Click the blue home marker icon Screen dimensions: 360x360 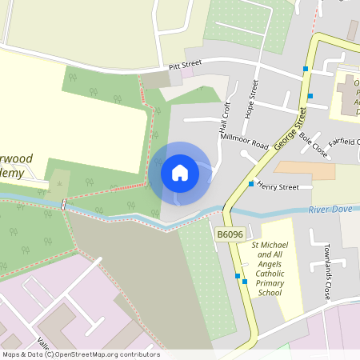pyautogui.click(x=180, y=173)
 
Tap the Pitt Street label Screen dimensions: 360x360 pyautogui.click(x=185, y=67)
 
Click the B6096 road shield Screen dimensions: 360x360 pyautogui.click(x=228, y=234)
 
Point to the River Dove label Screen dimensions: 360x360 pyautogui.click(x=329, y=210)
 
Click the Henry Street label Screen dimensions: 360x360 pyautogui.click(x=278, y=187)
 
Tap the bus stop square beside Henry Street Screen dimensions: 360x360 pyautogui.click(x=250, y=184)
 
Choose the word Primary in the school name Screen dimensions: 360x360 pyautogui.click(x=270, y=283)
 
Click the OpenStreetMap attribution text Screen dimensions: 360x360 pyautogui.click(x=81, y=354)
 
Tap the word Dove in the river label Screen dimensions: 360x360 pyautogui.click(x=341, y=210)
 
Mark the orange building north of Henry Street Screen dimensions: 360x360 pyautogui.click(x=305, y=170)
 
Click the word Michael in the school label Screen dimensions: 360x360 pyautogui.click(x=277, y=243)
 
